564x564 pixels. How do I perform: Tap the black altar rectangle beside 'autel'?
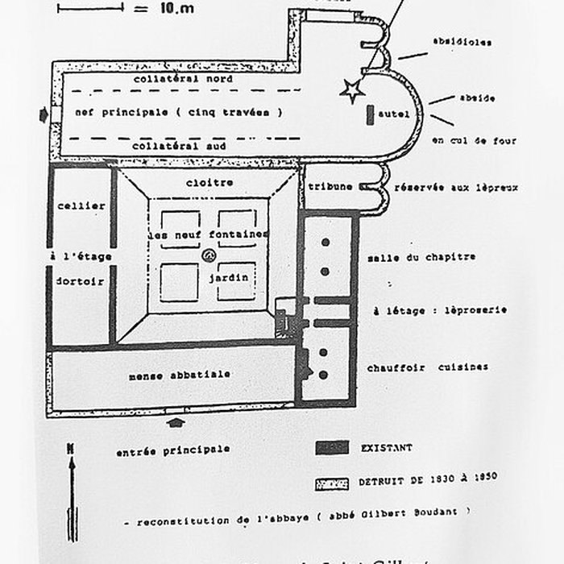point(370,114)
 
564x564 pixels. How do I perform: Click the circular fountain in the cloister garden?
point(209,256)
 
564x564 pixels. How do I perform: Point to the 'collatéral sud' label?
point(179,146)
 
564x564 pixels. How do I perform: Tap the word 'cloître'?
point(209,182)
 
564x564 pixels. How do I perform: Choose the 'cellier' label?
point(81,205)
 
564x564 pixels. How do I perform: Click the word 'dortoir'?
point(81,282)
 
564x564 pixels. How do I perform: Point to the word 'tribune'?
point(331,187)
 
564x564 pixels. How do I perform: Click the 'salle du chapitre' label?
point(421,257)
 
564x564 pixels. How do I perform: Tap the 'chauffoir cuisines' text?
point(427,367)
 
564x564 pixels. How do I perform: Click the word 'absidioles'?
point(462,42)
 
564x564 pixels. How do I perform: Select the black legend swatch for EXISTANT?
point(331,446)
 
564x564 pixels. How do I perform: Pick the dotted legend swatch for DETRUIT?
point(331,483)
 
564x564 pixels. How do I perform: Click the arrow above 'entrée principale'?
point(177,422)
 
